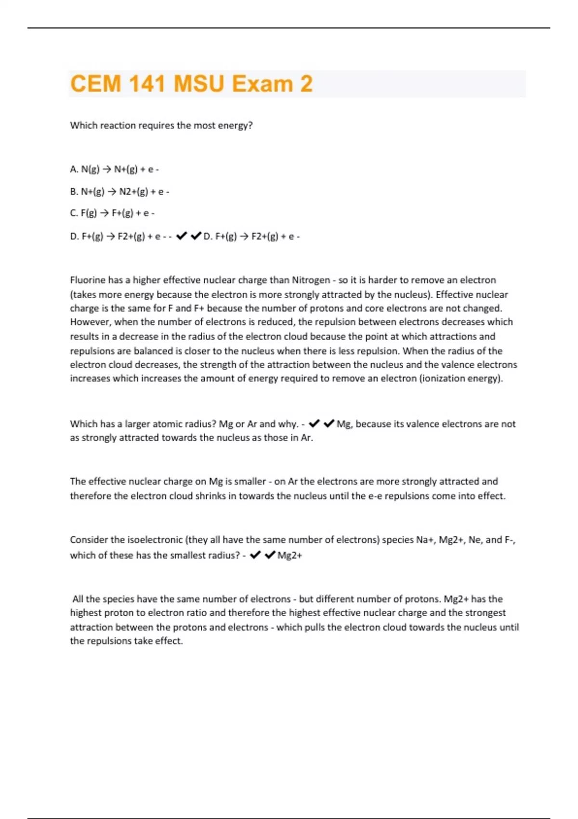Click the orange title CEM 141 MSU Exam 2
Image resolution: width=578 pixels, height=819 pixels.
click(x=191, y=84)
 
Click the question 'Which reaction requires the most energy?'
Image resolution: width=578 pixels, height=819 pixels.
click(x=161, y=126)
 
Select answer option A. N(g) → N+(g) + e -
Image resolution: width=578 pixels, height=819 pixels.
click(x=114, y=169)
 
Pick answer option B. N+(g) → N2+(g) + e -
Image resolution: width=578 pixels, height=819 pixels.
click(x=119, y=191)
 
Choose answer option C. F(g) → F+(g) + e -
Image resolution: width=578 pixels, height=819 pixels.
click(x=112, y=213)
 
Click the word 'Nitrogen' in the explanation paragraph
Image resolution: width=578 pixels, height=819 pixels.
click(x=311, y=280)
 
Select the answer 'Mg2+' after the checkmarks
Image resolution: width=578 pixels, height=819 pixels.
click(x=290, y=555)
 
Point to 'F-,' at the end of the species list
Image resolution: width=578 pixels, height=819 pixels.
click(x=510, y=540)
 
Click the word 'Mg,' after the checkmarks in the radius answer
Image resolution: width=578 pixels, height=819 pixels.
click(x=344, y=424)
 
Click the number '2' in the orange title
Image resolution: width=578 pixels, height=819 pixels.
click(x=306, y=84)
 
